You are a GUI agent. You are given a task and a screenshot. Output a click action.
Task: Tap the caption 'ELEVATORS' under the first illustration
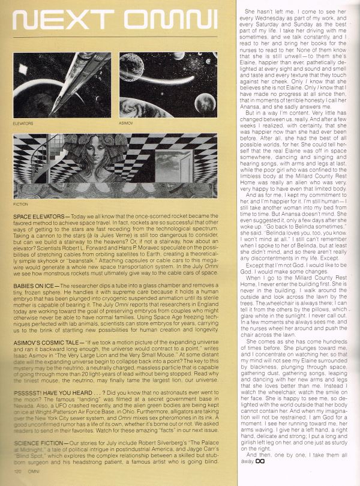(22, 124)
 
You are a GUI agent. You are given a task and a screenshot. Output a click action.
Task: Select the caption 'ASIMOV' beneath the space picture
(127, 124)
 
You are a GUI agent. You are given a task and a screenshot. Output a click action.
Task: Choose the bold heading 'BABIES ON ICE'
(34, 271)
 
